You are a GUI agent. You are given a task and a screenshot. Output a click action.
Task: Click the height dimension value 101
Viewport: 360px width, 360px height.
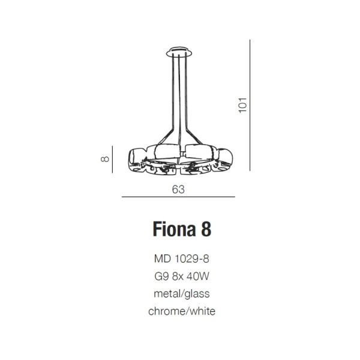pyautogui.click(x=242, y=105)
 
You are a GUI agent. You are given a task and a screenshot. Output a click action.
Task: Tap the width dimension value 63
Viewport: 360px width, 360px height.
pyautogui.click(x=178, y=190)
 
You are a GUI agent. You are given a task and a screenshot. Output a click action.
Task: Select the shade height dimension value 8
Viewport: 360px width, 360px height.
pyautogui.click(x=105, y=159)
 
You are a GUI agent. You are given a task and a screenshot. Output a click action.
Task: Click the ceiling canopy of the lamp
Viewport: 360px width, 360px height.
pyautogui.click(x=179, y=52)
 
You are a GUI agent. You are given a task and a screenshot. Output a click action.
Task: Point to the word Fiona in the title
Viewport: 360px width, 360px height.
pyautogui.click(x=174, y=229)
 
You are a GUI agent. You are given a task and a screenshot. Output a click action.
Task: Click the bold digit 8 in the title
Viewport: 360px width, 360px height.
pyautogui.click(x=206, y=229)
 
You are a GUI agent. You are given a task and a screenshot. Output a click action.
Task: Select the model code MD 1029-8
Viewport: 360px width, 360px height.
pyautogui.click(x=182, y=259)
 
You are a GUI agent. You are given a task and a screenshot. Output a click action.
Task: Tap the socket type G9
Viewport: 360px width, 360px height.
pyautogui.click(x=161, y=276)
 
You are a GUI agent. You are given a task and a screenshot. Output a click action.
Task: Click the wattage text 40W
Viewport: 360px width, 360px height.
pyautogui.click(x=198, y=276)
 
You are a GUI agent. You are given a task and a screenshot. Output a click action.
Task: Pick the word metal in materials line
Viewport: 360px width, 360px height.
pyautogui.click(x=167, y=293)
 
